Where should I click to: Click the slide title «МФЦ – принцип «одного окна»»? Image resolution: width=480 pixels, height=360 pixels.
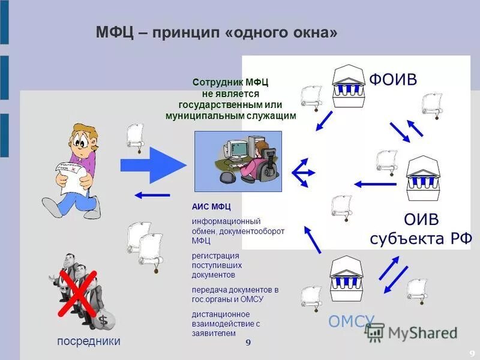(217, 32)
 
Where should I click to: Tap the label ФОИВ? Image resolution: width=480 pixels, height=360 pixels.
(393, 79)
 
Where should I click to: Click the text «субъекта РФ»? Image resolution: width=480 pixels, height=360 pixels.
(421, 239)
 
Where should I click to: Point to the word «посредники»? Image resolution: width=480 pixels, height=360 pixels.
(89, 341)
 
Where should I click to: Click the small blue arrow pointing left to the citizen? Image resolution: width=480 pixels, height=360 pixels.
(152, 194)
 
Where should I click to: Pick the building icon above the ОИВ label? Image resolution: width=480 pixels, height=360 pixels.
(423, 178)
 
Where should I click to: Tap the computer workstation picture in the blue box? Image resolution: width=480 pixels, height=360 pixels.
(238, 161)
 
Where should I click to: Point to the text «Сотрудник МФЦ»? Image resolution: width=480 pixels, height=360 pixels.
(231, 83)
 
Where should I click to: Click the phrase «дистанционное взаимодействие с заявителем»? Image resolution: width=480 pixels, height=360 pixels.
(225, 323)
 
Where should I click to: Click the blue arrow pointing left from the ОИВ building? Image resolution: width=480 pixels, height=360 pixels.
(375, 184)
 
